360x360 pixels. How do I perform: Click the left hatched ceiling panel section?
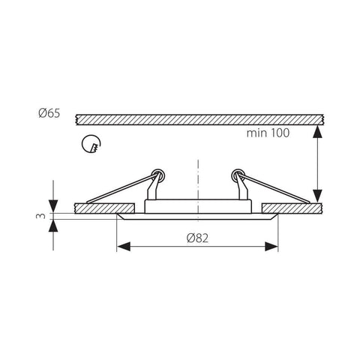click(x=105, y=207)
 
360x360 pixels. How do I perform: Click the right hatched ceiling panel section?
click(x=292, y=207)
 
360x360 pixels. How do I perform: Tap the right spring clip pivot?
click(x=238, y=174)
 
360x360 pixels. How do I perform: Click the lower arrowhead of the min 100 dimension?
click(x=318, y=195)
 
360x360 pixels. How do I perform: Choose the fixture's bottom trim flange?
click(x=198, y=218)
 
